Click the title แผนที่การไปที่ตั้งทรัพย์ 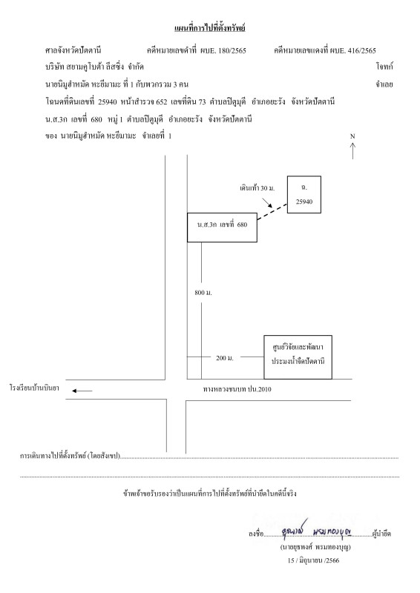[x=210, y=28]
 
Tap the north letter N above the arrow [x=352, y=136]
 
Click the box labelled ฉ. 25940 [x=304, y=194]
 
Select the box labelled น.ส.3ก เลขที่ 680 [x=223, y=228]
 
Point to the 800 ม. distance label [x=203, y=292]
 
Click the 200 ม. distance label [x=225, y=358]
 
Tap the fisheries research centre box [x=298, y=357]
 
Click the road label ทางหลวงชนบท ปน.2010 [x=237, y=389]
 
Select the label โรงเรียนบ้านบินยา [x=34, y=388]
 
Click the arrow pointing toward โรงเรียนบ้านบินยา [x=82, y=391]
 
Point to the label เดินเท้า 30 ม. [x=257, y=188]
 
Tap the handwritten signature [x=317, y=530]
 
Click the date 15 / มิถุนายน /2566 [x=313, y=560]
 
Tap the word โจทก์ [x=385, y=67]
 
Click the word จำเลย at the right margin [x=384, y=85]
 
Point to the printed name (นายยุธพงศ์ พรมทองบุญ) [x=315, y=547]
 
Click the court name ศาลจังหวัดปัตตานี [x=73, y=50]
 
